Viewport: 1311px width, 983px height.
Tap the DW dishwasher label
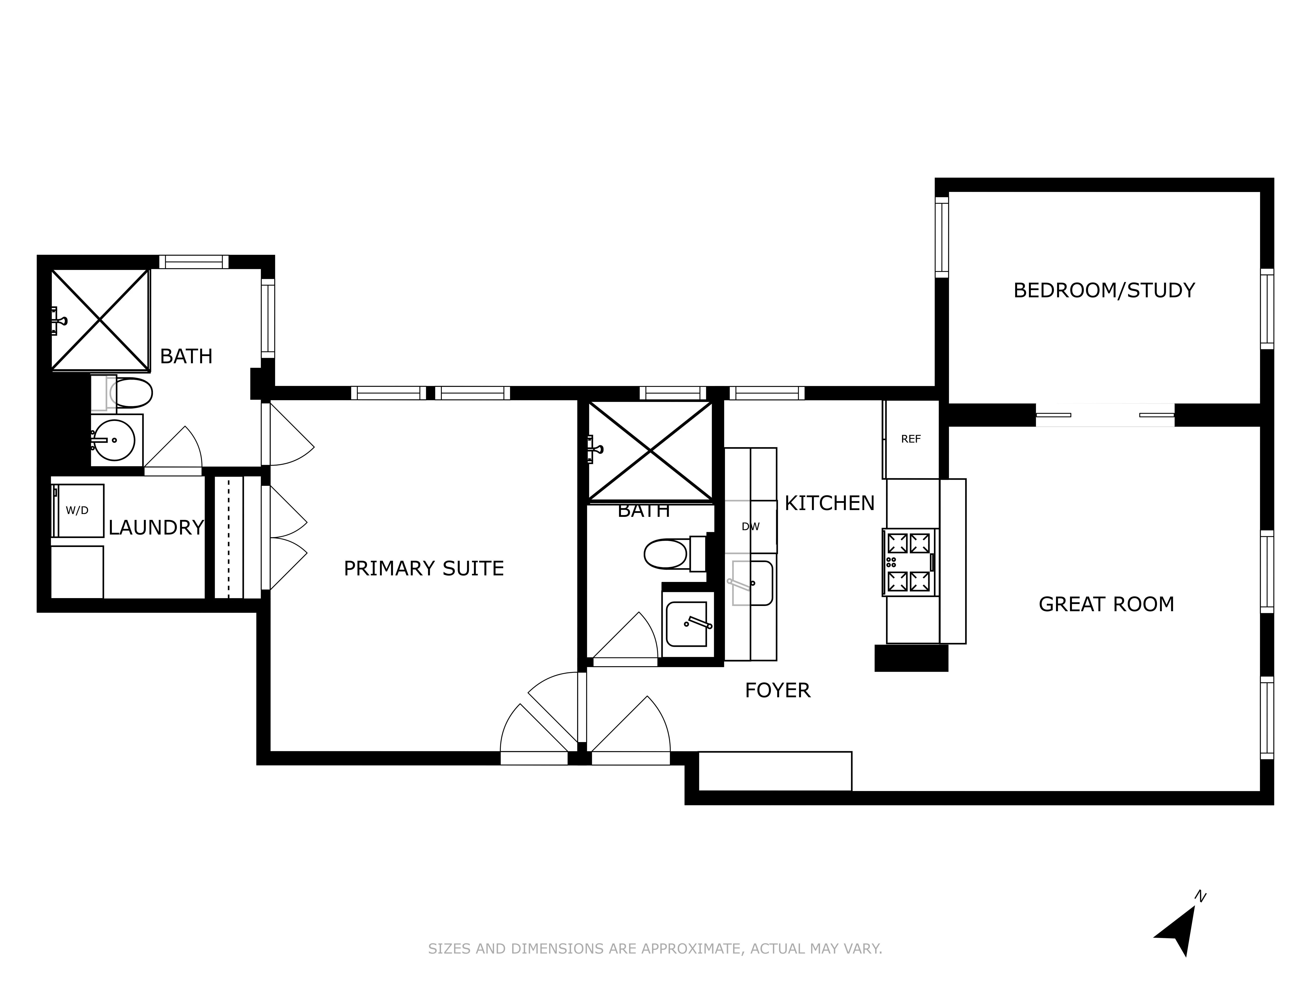click(x=750, y=527)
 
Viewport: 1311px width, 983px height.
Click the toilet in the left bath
click(x=129, y=392)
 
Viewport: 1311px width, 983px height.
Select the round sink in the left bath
click(x=114, y=440)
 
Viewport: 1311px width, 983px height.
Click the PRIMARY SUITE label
click(x=424, y=569)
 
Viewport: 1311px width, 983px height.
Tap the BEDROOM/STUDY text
click(x=1104, y=290)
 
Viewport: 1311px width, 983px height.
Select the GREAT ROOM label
click(x=1106, y=604)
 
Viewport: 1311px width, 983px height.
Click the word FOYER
click(x=777, y=690)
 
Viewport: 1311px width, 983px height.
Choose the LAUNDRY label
click(x=156, y=527)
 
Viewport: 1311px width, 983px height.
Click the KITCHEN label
click(x=829, y=503)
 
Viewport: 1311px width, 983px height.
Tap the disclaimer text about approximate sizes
click(x=655, y=949)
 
